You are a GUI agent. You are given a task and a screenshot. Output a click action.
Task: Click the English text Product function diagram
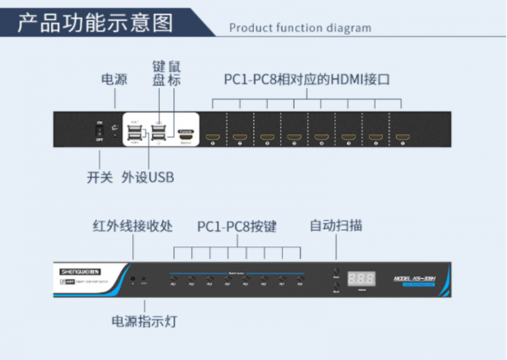click(300, 28)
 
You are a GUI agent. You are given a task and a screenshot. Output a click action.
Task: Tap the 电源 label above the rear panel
click(114, 80)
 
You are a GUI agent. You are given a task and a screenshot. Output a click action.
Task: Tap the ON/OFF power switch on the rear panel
click(99, 131)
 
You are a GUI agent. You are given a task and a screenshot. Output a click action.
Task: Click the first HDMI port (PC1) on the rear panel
click(212, 137)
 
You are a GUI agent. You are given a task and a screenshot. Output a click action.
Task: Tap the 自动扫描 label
click(336, 225)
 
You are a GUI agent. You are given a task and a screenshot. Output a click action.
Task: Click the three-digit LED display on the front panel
click(362, 279)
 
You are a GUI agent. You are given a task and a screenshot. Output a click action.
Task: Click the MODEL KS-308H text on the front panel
click(417, 278)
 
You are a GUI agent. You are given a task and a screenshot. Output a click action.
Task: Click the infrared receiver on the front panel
click(133, 279)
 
